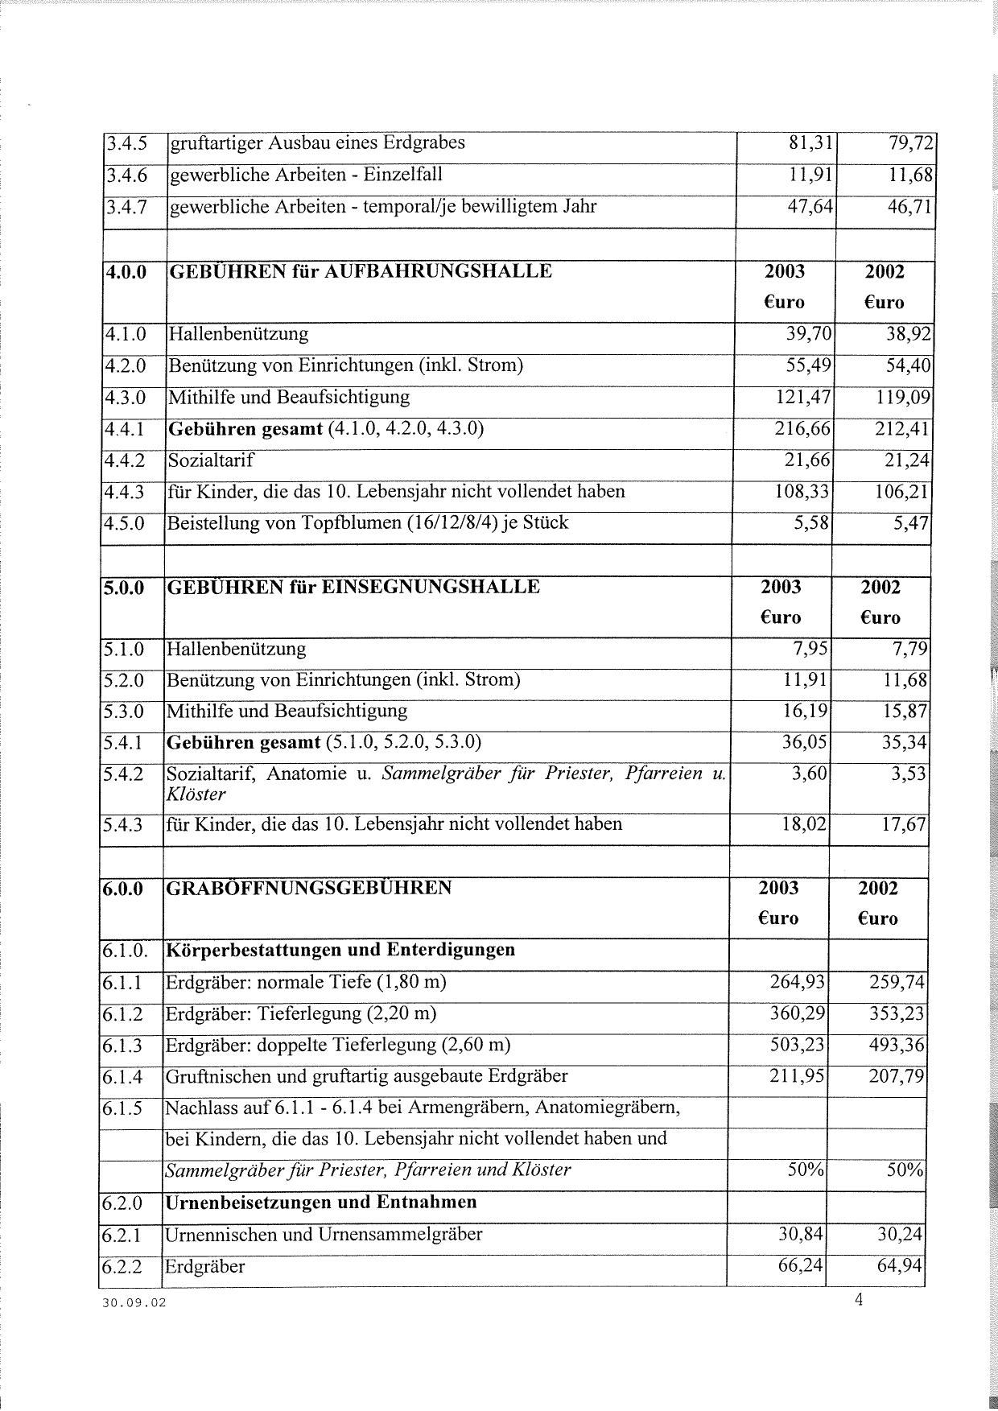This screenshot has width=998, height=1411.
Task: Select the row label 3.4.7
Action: (126, 207)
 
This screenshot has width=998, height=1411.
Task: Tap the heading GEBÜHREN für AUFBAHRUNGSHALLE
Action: (360, 271)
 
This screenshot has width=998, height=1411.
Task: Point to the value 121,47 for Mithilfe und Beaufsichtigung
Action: (802, 397)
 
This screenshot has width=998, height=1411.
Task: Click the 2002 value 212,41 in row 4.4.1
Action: (902, 428)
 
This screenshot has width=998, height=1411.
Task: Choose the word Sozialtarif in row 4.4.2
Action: (210, 460)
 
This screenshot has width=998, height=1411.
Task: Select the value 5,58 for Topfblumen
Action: (812, 523)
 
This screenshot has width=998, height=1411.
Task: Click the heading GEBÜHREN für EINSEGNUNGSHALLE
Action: (353, 587)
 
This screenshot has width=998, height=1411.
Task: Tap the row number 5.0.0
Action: (123, 588)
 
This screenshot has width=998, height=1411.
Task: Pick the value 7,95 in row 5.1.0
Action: (809, 649)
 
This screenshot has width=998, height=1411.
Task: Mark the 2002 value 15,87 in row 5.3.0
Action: (905, 712)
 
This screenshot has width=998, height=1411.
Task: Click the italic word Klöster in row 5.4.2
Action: (196, 794)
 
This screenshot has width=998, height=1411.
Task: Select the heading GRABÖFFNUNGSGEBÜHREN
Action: (308, 888)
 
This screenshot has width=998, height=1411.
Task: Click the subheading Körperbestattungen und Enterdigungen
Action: (340, 950)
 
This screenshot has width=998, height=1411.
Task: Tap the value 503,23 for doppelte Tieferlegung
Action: (798, 1045)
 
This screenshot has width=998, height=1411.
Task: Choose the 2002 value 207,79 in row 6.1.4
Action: (897, 1076)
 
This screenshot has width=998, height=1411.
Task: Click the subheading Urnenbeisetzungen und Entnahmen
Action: (320, 1203)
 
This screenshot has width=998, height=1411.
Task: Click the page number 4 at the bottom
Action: (859, 1299)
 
